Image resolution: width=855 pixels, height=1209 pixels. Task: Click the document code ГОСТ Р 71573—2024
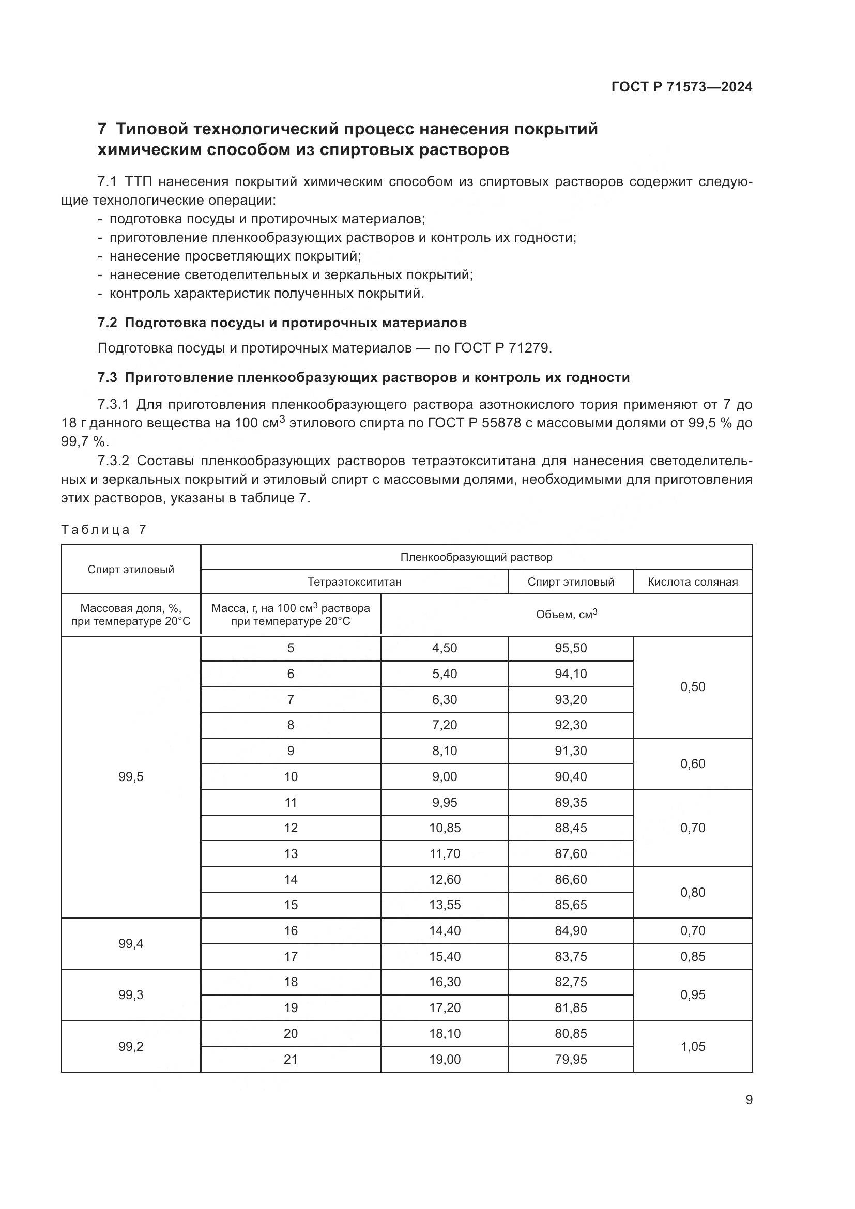pos(682,87)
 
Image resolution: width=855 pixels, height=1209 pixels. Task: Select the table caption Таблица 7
pos(103,530)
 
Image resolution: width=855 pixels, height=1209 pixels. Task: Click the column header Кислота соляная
pos(692,582)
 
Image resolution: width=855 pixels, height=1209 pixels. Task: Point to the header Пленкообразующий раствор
pos(476,557)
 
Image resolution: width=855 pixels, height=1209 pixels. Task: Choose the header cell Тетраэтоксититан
pos(354,582)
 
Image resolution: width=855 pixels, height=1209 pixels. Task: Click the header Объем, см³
pos(567,615)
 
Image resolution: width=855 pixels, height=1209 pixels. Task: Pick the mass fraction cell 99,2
pos(131,1046)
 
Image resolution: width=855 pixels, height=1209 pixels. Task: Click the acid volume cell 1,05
pos(692,1046)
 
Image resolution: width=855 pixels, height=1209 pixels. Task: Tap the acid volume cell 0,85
pos(692,956)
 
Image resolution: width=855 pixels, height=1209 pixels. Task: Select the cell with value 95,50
pos(571,648)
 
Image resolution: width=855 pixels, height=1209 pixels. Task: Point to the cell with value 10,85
pos(445,828)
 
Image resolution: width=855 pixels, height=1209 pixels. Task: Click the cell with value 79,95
pos(571,1059)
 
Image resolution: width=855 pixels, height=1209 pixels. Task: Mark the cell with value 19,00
pos(445,1059)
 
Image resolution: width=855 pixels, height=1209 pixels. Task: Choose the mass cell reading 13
pos(291,853)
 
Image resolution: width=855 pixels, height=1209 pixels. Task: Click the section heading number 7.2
pos(108,323)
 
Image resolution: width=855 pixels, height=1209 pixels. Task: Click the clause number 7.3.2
pos(113,461)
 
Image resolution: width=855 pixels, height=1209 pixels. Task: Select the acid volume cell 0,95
pos(692,994)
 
